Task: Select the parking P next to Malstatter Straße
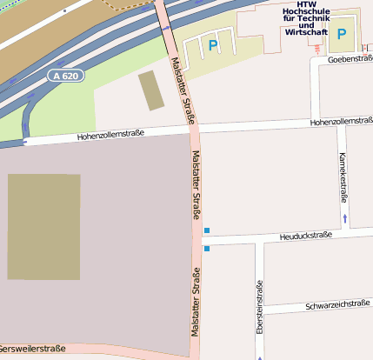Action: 213,45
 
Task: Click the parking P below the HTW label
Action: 342,36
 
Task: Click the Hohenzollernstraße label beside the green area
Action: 110,135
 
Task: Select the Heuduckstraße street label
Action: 306,236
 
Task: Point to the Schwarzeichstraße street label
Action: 337,305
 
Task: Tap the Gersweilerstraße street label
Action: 32,349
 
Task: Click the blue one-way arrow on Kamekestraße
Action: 345,217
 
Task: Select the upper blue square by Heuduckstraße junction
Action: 206,230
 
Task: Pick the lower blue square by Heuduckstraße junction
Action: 206,249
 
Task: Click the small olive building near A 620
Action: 151,90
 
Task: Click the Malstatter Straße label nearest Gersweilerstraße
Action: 196,303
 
